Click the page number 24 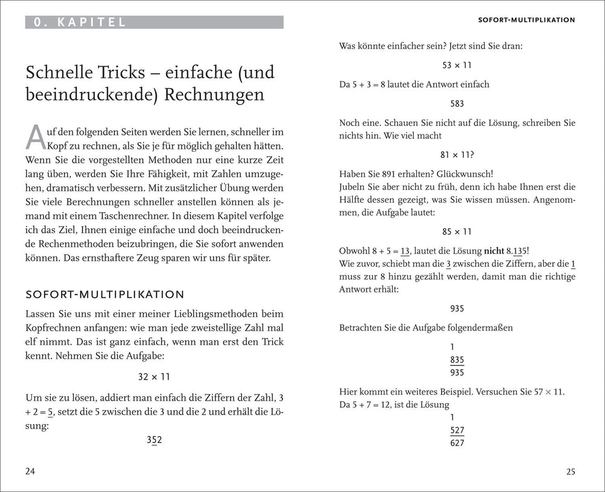point(31,472)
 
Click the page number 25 point(571,472)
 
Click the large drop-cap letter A point(36,137)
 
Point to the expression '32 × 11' point(154,376)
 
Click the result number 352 point(154,440)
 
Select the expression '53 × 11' point(457,64)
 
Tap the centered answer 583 point(457,103)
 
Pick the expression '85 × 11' point(457,231)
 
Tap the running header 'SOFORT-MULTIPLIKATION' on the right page point(526,20)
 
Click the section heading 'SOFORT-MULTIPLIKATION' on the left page point(105,294)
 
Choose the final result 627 point(457,442)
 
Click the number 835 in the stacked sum point(457,359)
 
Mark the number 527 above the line point(457,430)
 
